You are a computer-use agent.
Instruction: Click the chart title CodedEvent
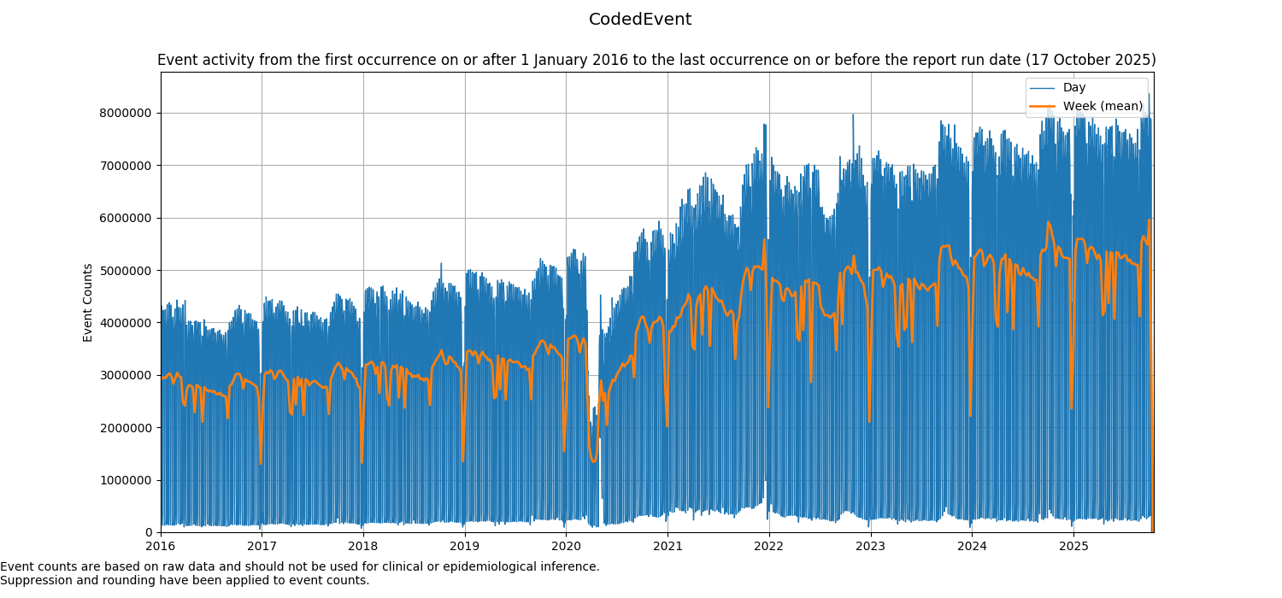[x=640, y=20]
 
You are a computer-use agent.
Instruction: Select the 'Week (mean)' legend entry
[x=1103, y=106]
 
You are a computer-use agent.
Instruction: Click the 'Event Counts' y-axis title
[x=88, y=302]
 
